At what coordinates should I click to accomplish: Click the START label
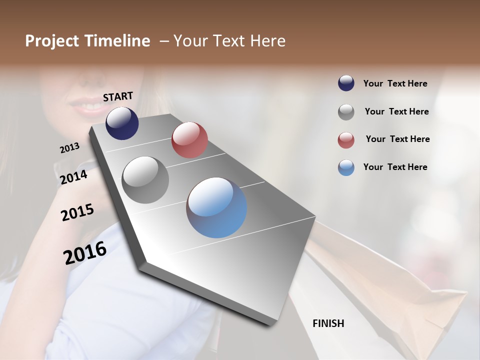click(118, 96)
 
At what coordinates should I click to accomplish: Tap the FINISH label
click(328, 323)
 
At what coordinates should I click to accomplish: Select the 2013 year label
click(69, 148)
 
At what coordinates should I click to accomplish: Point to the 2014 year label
click(74, 177)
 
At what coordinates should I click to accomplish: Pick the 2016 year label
click(85, 252)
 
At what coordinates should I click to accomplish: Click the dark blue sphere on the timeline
click(122, 123)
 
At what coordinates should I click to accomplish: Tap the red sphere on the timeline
click(189, 140)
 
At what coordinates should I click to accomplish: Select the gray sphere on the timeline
click(145, 180)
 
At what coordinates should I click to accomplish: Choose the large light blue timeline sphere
click(216, 207)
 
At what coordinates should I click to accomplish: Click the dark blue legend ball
click(346, 83)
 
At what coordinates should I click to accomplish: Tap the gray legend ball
click(346, 112)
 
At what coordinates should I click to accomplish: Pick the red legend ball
click(346, 140)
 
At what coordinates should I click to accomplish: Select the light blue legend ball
click(346, 167)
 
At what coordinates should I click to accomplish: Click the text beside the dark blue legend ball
click(395, 84)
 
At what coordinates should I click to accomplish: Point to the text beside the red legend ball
click(397, 139)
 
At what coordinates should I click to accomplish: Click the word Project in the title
click(52, 41)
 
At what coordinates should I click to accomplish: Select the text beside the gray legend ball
click(396, 111)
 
